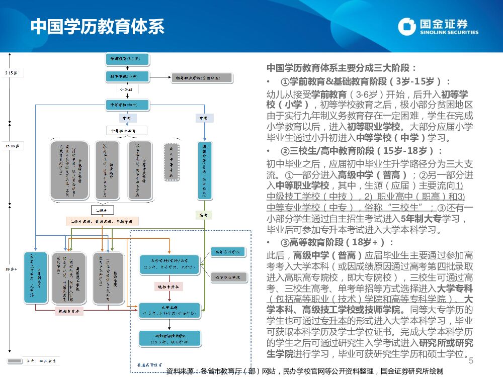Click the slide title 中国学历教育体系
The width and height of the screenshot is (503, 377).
(98, 27)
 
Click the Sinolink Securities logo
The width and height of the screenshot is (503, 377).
(438, 27)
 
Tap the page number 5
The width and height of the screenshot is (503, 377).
(471, 361)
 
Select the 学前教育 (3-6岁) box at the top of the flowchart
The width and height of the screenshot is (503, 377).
(127, 59)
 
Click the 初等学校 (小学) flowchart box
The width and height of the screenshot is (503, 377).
(127, 77)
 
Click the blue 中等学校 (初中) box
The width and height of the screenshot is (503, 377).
(127, 105)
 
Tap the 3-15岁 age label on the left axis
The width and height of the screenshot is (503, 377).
(12, 73)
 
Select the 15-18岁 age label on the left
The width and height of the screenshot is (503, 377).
(12, 146)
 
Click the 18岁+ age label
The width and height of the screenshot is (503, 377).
(12, 269)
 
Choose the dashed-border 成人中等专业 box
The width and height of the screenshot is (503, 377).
(172, 161)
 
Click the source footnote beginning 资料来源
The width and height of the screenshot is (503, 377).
(304, 371)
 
